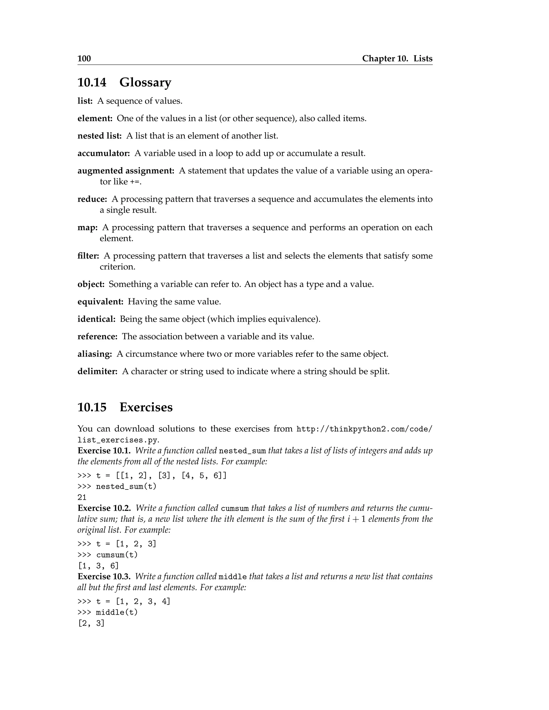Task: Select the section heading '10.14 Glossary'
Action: [x=124, y=82]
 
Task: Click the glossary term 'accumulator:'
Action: [x=103, y=154]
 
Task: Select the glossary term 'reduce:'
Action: [x=92, y=199]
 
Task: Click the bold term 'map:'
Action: [x=87, y=227]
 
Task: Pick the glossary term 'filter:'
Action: [x=88, y=256]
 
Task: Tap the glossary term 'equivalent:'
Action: [x=100, y=302]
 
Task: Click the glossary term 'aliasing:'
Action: [x=95, y=354]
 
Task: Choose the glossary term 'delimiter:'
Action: [x=97, y=371]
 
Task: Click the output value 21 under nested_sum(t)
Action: [x=82, y=497]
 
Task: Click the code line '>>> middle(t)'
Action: [x=107, y=612]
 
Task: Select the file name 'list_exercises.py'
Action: [x=118, y=440]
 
